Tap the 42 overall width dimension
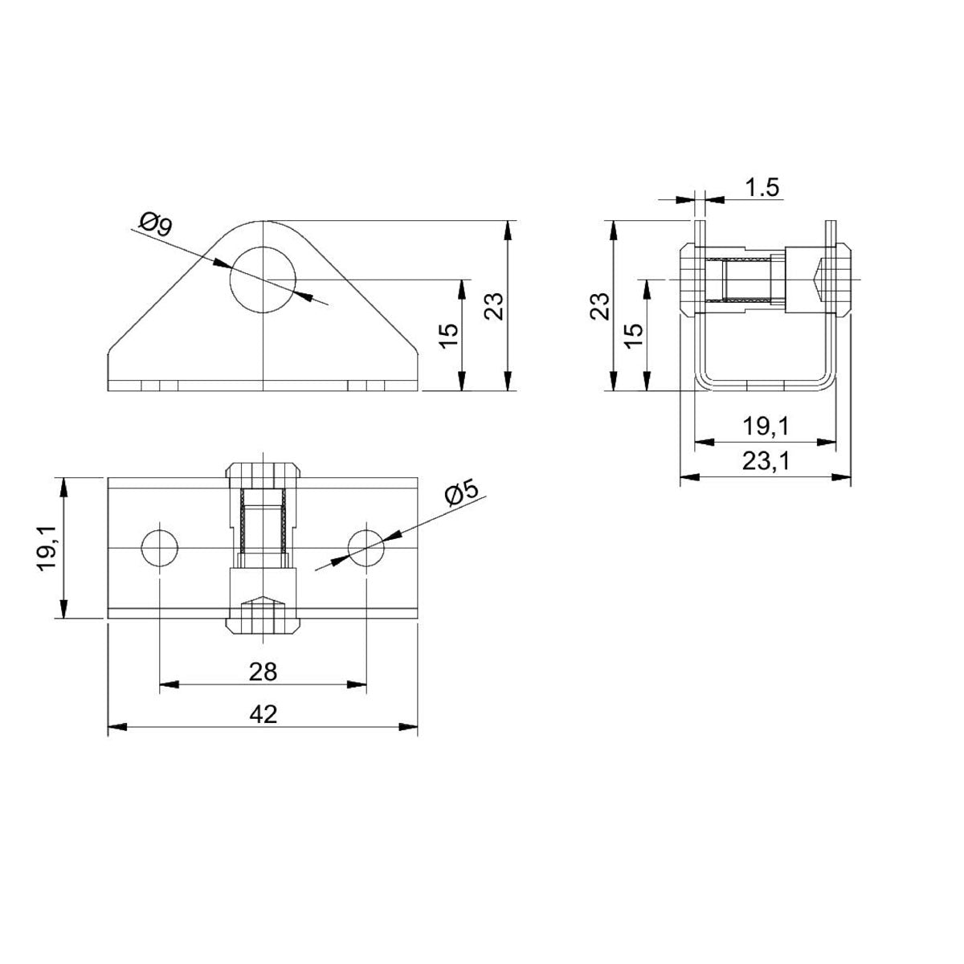click(x=263, y=713)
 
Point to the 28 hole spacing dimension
click(x=263, y=671)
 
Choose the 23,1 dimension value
click(x=765, y=461)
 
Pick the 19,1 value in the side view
click(x=765, y=427)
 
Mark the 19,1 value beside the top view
click(x=46, y=548)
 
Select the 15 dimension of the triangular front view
click(x=449, y=335)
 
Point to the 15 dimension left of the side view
click(x=633, y=335)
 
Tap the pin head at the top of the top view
click(x=263, y=472)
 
